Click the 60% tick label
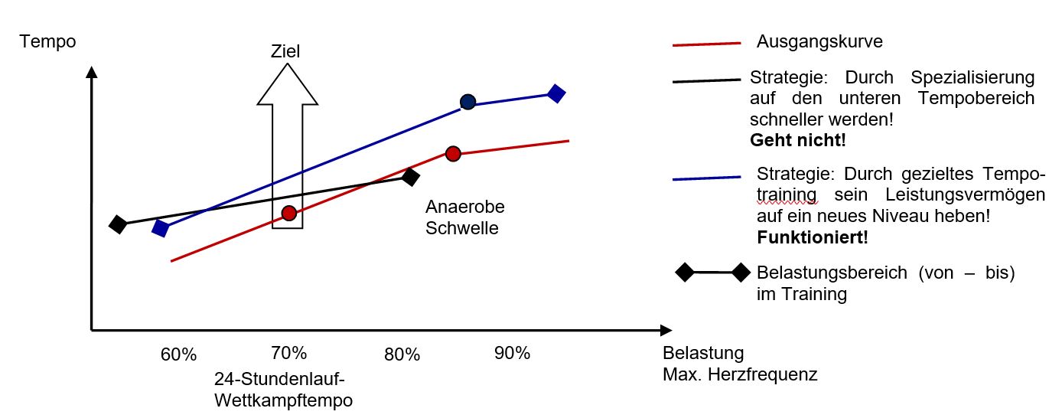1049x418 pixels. coord(179,354)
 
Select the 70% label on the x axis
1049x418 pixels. coord(289,353)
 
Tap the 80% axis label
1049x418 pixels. coord(402,354)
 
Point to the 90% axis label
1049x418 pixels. coord(512,353)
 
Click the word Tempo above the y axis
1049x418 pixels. coord(48,41)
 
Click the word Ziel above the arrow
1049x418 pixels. coord(285,51)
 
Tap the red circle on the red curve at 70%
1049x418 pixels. coord(288,213)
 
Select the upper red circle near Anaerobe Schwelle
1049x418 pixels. coord(453,154)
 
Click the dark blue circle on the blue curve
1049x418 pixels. coord(467,102)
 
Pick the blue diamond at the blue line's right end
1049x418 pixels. coord(556,93)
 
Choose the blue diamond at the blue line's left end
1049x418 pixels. coord(161,228)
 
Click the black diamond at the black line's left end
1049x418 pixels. coord(118,224)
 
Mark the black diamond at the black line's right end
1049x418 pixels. coord(411,178)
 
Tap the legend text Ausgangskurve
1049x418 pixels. coord(819,41)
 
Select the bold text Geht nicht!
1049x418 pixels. coord(798,141)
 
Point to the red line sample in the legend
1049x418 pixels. coord(706,44)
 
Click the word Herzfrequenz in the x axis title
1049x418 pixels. coord(772,375)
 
